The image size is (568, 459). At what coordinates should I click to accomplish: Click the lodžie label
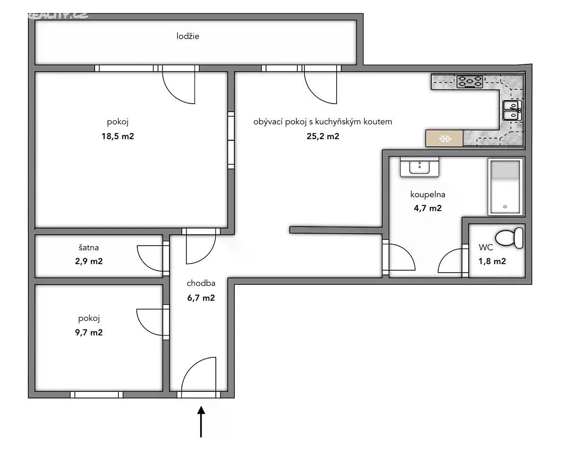tap(188, 36)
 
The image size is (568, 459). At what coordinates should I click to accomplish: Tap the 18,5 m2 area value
tap(117, 136)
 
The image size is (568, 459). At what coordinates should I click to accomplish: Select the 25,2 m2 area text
tap(323, 136)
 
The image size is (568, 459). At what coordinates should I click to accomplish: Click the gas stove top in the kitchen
tap(470, 82)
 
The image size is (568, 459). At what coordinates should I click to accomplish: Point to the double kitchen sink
tap(512, 110)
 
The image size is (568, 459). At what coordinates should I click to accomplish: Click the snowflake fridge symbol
tap(444, 139)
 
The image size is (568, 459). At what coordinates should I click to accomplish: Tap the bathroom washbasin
tap(419, 167)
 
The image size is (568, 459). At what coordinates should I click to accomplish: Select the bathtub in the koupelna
tap(505, 187)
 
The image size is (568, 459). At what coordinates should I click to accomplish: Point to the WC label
tap(486, 247)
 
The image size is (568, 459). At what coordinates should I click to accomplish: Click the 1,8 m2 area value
tap(492, 261)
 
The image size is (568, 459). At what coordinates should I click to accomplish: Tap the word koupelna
tap(428, 194)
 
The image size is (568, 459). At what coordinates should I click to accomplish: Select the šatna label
tap(89, 247)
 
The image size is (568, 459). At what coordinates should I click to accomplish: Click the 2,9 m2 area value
tap(89, 261)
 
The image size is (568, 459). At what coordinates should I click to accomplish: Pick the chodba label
tap(201, 283)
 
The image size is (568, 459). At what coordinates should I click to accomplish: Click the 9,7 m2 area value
tap(89, 333)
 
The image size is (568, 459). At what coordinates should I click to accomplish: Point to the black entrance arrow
tap(201, 422)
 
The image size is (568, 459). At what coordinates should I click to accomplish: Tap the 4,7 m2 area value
tap(428, 208)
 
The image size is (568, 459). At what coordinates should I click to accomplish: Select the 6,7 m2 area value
tap(201, 298)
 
